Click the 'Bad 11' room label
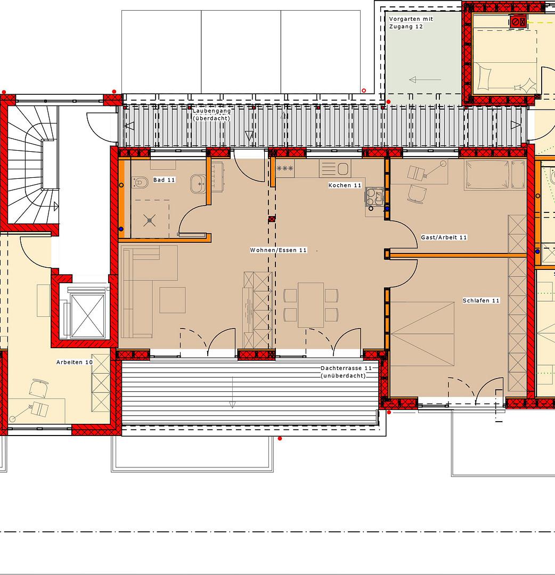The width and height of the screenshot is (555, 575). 164,180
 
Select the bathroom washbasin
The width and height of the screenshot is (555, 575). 198,184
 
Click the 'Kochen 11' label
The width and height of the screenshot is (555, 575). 345,185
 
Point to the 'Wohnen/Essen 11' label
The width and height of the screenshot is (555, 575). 279,250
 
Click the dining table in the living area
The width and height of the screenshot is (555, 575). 311,305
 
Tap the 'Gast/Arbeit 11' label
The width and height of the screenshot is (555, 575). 444,237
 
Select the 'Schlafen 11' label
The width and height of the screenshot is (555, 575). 481,300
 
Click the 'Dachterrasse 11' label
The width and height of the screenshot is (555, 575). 346,368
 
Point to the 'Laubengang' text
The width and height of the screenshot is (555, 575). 211,111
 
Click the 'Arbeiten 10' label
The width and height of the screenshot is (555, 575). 75,362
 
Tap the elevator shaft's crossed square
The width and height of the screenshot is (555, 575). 88,316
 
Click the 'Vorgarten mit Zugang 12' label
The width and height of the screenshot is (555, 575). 411,23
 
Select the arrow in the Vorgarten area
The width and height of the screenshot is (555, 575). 425,79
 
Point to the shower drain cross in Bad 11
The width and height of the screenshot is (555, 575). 149,220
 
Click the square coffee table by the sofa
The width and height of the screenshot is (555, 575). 173,300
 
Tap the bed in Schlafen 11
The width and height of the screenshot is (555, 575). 422,334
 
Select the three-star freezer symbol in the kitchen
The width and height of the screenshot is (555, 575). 285,168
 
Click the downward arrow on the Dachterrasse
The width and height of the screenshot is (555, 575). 232,392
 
